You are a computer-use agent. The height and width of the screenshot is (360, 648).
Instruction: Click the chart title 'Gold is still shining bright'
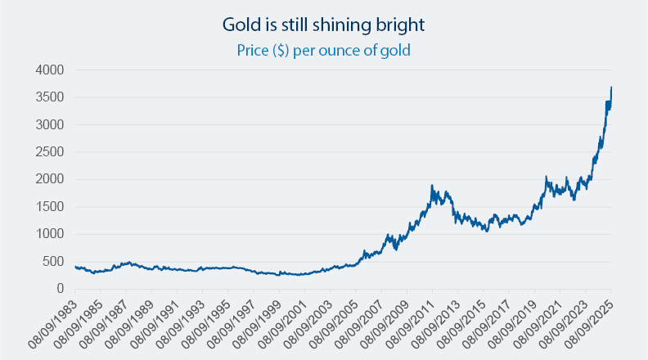[323, 25]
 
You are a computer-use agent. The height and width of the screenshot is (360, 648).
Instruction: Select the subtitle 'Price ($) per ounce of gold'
[323, 50]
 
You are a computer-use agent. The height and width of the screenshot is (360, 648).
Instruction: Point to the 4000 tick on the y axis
[48, 70]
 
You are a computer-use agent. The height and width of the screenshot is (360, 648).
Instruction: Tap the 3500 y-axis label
[48, 97]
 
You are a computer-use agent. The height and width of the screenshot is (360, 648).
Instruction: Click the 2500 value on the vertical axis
[48, 152]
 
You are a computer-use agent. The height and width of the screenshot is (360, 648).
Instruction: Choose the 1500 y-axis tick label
[48, 207]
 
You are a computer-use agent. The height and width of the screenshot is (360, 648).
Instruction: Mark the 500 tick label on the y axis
[52, 261]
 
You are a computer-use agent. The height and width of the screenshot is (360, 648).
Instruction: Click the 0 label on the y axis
[59, 289]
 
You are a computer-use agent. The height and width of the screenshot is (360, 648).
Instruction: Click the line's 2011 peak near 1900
[431, 186]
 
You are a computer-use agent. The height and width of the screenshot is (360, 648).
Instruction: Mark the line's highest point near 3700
[611, 88]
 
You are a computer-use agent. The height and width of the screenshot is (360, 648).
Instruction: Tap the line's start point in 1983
[75, 267]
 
